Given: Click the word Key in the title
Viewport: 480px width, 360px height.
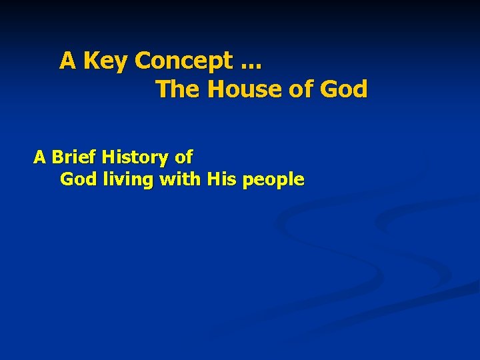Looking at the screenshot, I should (105, 61).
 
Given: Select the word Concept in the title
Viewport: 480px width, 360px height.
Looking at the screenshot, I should (179, 61).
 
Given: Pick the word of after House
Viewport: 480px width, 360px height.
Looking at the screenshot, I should (300, 89).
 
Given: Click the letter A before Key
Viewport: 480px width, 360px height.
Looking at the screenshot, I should (67, 61).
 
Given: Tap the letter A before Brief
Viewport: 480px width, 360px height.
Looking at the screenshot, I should (40, 157).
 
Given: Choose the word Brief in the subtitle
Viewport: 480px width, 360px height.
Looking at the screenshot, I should (75, 157).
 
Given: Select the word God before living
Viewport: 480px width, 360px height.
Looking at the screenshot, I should (77, 179).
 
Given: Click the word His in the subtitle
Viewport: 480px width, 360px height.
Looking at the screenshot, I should (221, 179).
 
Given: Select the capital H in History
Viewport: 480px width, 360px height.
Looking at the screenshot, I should (109, 157).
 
